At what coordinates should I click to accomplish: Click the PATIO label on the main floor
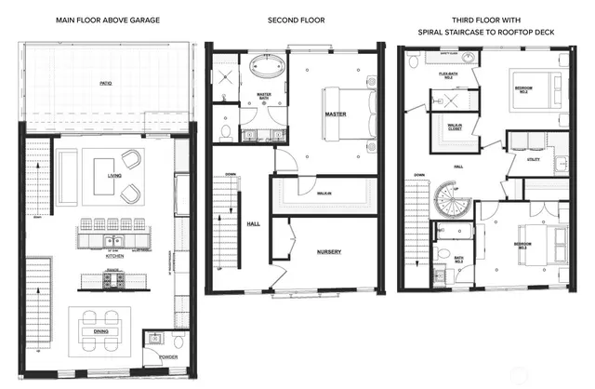click(x=106, y=84)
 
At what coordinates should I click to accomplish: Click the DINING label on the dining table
click(x=101, y=330)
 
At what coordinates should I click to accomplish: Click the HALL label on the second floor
click(x=253, y=224)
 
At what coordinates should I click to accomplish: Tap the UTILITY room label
click(x=533, y=160)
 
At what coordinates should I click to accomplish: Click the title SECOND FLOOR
click(x=296, y=19)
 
